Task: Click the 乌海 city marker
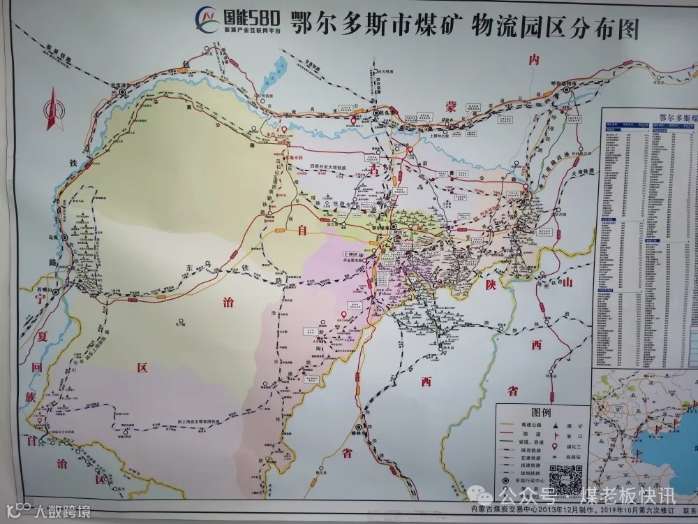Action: click(64, 238)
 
